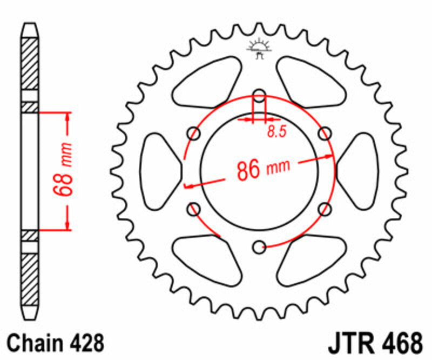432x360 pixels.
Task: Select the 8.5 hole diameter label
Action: click(276, 131)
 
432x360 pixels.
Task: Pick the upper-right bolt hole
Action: click(325, 134)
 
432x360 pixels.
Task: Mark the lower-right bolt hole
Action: click(325, 209)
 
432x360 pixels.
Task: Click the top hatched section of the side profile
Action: click(30, 62)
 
